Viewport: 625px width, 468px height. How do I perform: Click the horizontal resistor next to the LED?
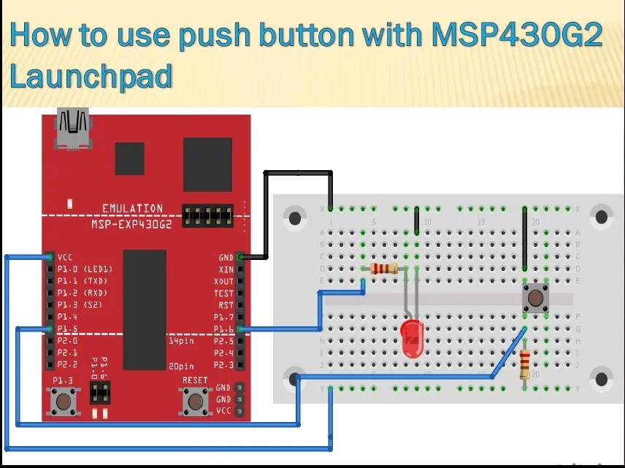[385, 269]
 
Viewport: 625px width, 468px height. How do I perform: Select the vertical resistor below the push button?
[525, 363]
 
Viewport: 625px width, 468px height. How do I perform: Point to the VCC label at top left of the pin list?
[64, 258]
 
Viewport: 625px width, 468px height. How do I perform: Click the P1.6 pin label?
[223, 329]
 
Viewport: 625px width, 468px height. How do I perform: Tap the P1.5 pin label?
[66, 329]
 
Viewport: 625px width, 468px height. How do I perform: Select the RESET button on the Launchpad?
[194, 400]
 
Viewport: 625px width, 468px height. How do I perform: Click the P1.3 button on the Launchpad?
[63, 400]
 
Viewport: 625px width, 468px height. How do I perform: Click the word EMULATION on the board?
[132, 209]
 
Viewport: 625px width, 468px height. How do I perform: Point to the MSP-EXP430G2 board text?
[131, 224]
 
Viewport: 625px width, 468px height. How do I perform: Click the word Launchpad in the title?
[91, 76]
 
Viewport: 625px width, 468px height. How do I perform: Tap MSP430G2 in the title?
[517, 35]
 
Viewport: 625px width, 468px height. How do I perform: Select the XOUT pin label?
[223, 282]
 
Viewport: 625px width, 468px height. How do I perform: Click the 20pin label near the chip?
[179, 364]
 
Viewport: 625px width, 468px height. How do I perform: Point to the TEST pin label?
[223, 294]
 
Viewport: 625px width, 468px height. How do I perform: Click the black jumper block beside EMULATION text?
[207, 215]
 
